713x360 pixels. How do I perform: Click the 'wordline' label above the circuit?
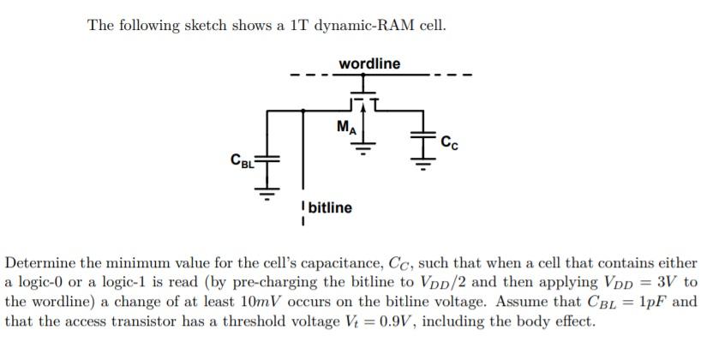368,64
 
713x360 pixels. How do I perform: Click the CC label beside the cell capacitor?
449,142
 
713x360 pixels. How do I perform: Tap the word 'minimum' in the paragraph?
128,263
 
